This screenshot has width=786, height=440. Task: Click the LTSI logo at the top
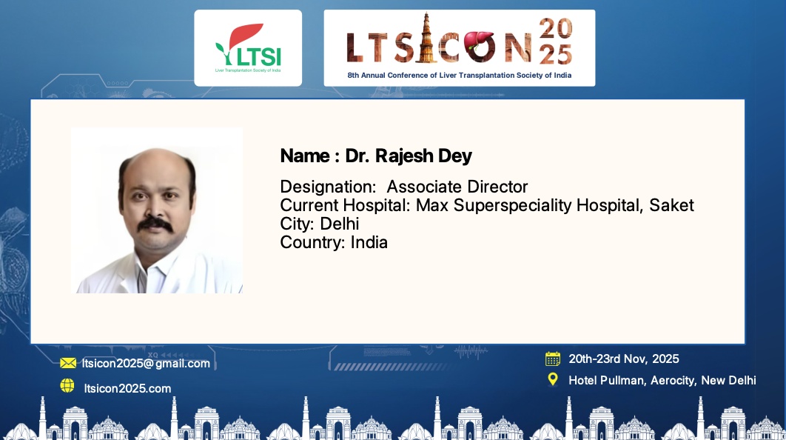click(x=248, y=48)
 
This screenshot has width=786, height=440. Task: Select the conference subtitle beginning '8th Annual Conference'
click(x=459, y=76)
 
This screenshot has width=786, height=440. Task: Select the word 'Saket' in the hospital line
click(x=671, y=205)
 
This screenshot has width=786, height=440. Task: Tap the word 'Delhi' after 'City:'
click(x=340, y=224)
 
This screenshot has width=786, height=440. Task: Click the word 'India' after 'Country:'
click(x=369, y=242)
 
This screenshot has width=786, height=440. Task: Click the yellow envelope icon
click(x=68, y=363)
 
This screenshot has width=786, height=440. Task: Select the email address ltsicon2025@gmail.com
click(x=146, y=363)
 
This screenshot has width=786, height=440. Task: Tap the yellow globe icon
click(x=67, y=385)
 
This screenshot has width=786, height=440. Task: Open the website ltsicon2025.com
click(x=127, y=388)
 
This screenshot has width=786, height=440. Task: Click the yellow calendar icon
click(x=553, y=359)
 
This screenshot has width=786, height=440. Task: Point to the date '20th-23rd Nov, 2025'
click(x=624, y=359)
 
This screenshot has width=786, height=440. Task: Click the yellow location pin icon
click(x=553, y=379)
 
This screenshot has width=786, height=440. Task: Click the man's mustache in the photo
click(x=155, y=224)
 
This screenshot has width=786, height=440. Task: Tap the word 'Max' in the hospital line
click(x=432, y=205)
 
